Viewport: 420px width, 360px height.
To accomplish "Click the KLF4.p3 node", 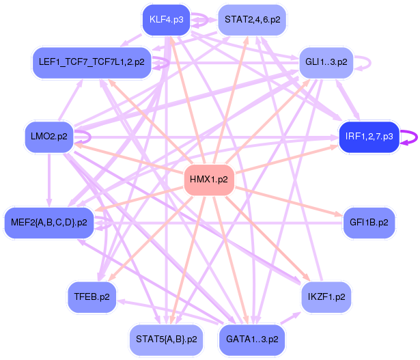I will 166,19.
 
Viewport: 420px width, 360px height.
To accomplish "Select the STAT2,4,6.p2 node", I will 252,19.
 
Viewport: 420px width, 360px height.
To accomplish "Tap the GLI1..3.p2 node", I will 326,61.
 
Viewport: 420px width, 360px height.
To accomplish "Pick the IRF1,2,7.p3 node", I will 369,136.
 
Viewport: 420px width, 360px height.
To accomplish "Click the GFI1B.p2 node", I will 369,223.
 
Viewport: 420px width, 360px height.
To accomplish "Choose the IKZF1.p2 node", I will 326,296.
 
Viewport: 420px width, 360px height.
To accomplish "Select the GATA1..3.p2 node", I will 252,339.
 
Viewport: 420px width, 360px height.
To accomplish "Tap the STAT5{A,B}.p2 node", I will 166,339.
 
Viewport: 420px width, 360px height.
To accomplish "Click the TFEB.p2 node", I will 92,296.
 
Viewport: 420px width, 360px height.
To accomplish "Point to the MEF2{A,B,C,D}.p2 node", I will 49,223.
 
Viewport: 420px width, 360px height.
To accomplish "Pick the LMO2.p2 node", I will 49,136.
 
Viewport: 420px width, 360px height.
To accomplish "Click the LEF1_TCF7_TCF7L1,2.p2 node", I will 92,61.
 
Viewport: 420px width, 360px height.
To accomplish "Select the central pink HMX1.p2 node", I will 209,179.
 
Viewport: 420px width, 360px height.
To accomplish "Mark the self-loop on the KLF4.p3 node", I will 208,20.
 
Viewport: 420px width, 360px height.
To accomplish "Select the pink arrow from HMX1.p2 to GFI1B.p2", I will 287,202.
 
